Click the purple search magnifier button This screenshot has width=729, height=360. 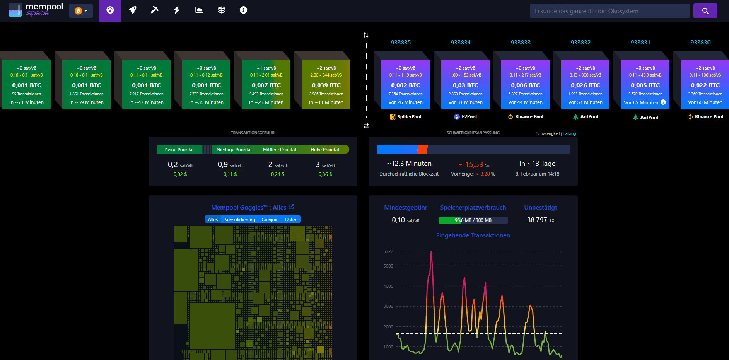point(705,11)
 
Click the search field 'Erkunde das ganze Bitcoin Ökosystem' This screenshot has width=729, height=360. point(609,11)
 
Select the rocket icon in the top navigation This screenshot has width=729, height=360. point(133,10)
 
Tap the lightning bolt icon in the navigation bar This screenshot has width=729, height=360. point(177,10)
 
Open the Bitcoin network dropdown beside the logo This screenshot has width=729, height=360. point(81,11)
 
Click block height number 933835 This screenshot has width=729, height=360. point(401,43)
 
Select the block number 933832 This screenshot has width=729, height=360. point(580,43)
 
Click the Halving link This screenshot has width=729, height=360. point(569,133)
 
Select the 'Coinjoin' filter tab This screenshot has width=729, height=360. point(270,220)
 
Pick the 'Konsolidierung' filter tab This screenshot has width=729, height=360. point(239,220)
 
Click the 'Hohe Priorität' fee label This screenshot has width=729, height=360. point(325,150)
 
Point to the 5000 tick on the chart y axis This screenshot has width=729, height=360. point(388,266)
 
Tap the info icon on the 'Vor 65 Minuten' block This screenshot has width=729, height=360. point(663,102)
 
